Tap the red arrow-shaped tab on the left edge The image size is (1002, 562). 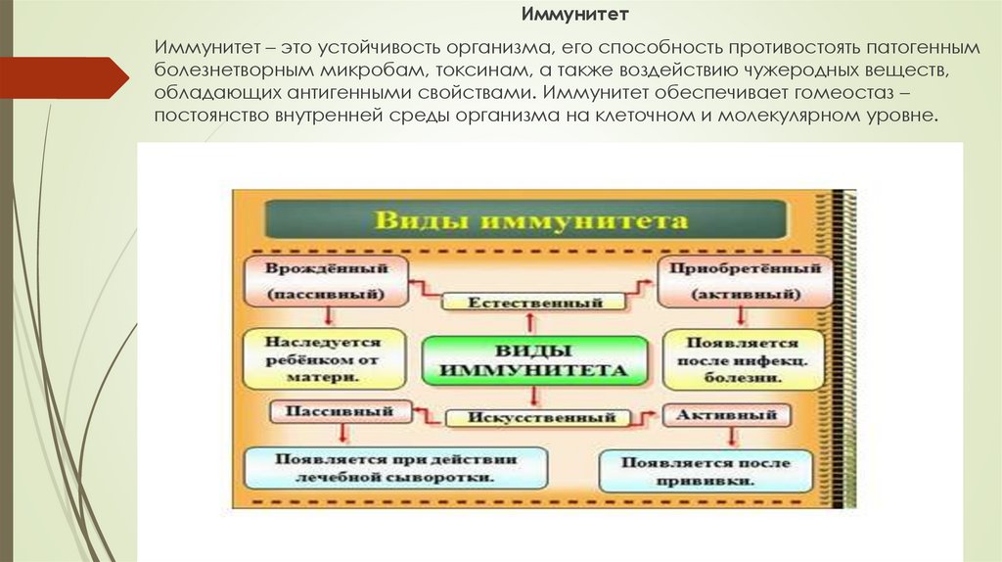tap(64, 77)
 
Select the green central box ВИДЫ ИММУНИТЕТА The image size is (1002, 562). tap(533, 359)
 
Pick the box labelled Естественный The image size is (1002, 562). tap(533, 303)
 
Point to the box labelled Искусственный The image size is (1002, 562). tap(533, 418)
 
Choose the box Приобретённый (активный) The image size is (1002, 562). tap(744, 280)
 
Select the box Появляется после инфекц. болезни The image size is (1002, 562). tap(743, 360)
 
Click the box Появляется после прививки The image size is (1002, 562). tap(705, 470)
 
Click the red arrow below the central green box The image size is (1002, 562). tap(533, 397)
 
